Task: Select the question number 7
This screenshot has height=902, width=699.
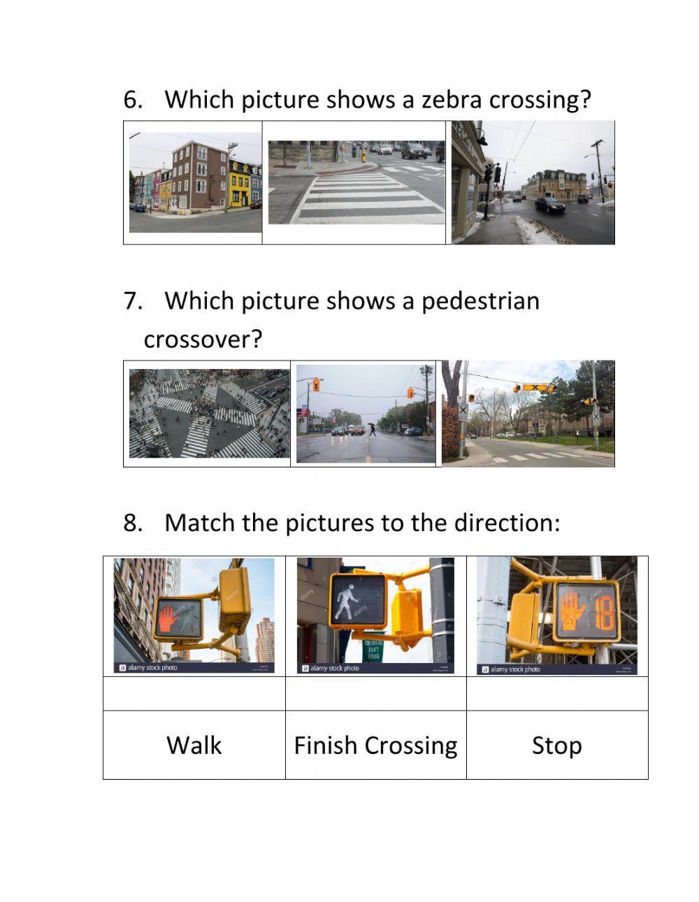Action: [x=133, y=301]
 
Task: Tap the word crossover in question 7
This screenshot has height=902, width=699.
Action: [x=203, y=340]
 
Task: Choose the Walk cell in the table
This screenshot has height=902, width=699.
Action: [x=194, y=745]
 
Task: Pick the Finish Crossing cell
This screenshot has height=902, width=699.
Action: [x=375, y=745]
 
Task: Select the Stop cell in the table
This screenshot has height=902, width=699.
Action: [x=556, y=745]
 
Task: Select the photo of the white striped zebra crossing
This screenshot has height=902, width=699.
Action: [x=356, y=182]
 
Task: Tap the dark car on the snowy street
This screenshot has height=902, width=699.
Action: [x=549, y=204]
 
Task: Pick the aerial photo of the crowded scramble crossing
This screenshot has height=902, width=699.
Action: [x=209, y=414]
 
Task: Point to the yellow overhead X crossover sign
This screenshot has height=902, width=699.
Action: [x=534, y=387]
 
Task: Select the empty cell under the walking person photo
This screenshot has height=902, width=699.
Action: [x=375, y=694]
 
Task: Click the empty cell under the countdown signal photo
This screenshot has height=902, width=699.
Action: [x=556, y=694]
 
